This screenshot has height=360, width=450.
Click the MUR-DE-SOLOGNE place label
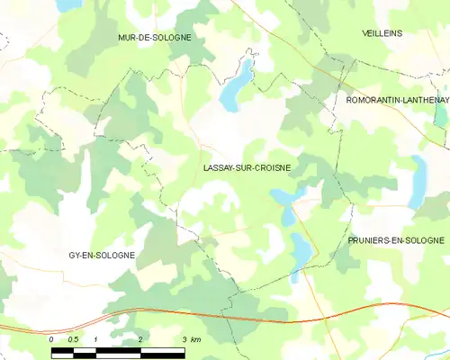point(155,38)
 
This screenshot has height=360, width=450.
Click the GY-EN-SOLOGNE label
point(102,255)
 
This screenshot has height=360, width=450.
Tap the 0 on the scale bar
point(51,339)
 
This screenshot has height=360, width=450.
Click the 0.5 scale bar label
point(74,339)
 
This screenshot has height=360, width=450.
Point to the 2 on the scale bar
point(140,339)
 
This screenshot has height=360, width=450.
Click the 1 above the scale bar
point(95,339)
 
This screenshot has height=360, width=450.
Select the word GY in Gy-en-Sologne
point(76,255)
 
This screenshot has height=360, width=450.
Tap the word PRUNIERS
point(371,240)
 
